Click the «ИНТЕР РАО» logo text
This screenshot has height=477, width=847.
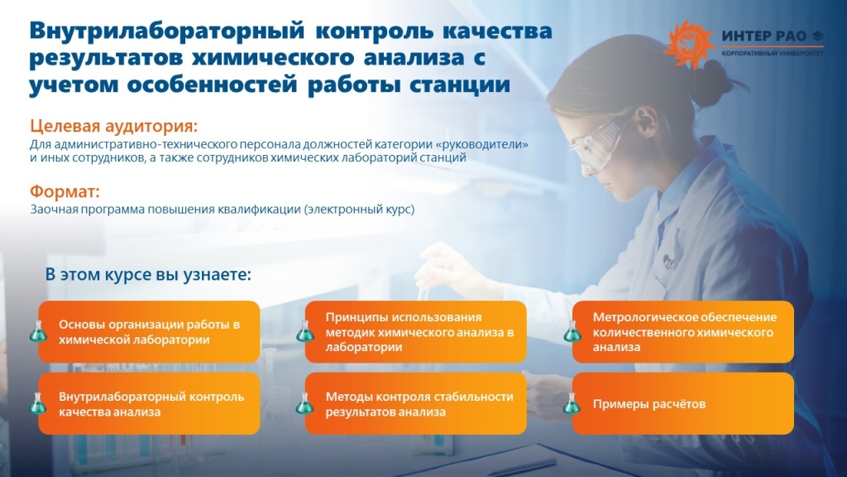pos(763,36)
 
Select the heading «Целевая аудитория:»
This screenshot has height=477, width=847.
pos(114,127)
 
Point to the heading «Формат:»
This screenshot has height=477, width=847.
pos(65,191)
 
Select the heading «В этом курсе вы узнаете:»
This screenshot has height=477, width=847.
pos(148,274)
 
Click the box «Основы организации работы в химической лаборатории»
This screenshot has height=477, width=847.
pos(150,331)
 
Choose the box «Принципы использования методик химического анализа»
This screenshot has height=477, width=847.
pos(416,331)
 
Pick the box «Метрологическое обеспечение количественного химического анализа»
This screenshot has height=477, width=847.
pos(683,331)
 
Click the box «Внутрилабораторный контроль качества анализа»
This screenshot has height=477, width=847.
pos(150,403)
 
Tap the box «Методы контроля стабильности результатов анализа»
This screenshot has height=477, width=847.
pos(416,403)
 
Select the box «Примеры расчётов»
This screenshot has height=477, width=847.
pos(683,403)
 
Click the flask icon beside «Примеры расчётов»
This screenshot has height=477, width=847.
pos(571,403)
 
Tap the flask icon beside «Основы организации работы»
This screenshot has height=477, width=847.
pos(37,331)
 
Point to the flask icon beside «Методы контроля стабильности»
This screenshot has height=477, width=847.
pos(304,403)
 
